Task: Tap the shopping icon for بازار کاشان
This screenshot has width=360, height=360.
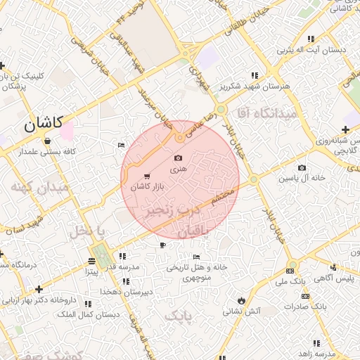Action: (146, 176)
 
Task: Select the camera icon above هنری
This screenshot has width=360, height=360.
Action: (178, 158)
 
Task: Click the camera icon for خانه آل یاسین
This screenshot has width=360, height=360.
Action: (302, 167)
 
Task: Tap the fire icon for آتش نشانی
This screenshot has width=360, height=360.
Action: (241, 300)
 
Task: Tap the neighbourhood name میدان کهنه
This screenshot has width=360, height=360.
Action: (39, 188)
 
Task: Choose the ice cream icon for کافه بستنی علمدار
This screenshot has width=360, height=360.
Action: (46, 141)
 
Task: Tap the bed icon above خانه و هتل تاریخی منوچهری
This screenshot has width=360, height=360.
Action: (196, 257)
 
